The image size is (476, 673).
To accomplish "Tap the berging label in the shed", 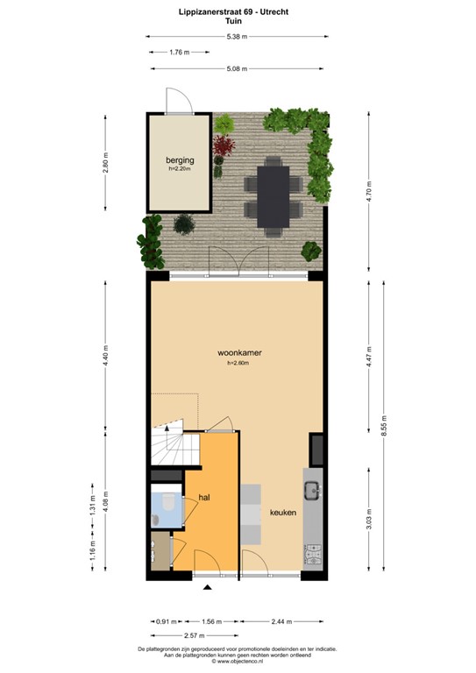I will tap(180, 160).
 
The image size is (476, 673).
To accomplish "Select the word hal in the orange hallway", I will tap(204, 497).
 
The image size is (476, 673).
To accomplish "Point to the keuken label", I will tap(282, 513).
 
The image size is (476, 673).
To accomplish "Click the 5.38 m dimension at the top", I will tap(237, 36).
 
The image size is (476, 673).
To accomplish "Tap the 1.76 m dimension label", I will tap(181, 52).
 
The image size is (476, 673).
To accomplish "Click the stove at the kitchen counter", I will tap(311, 554).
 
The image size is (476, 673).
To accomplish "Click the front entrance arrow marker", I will tap(208, 588).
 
